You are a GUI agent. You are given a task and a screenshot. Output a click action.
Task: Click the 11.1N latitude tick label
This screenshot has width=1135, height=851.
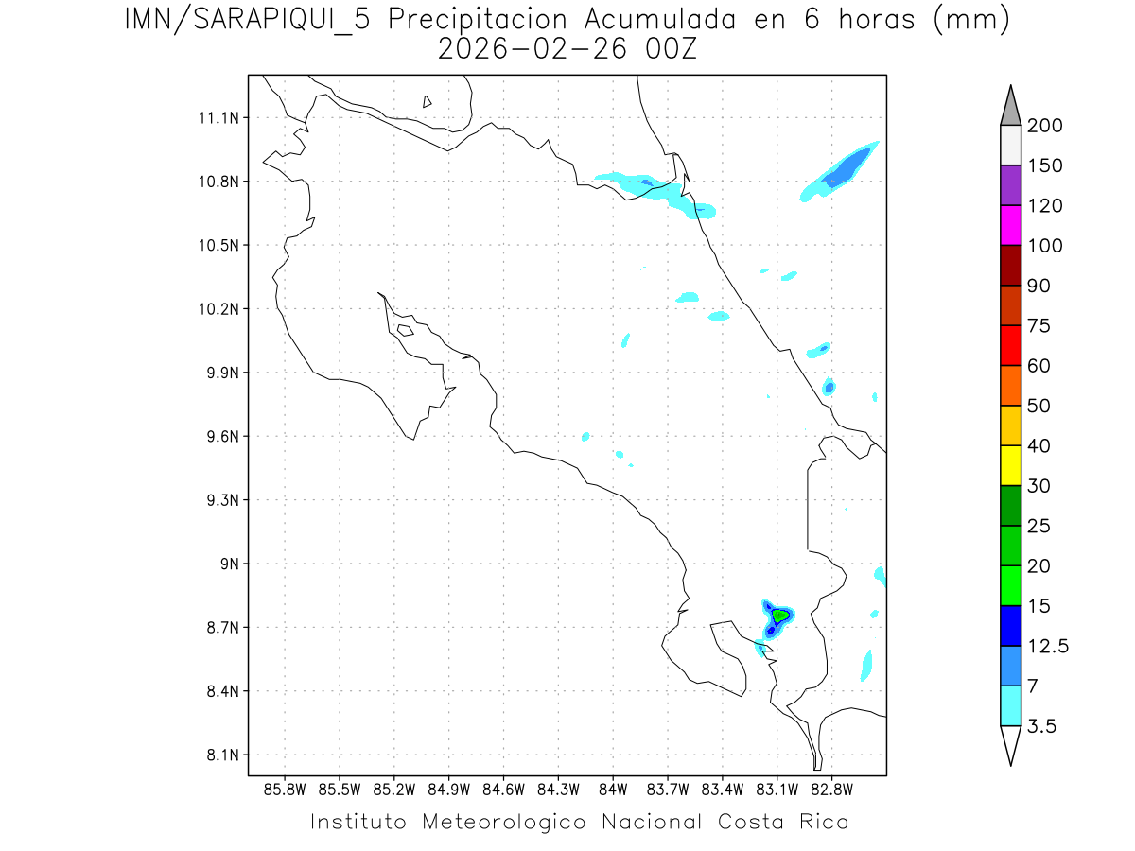(x=222, y=118)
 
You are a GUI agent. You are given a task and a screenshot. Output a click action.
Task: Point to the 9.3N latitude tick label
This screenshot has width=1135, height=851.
(x=226, y=500)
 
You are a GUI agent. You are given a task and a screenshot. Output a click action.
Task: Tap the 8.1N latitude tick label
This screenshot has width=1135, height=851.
(x=226, y=755)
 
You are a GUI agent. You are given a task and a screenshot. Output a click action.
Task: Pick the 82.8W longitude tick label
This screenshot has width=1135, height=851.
(x=831, y=788)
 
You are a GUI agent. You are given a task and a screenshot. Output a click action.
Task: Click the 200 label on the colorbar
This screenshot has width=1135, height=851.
(x=1044, y=126)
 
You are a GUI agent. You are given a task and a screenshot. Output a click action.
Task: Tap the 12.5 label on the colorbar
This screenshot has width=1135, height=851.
(x=1048, y=646)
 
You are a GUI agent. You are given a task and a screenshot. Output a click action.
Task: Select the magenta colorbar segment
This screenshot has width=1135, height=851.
(x=1010, y=226)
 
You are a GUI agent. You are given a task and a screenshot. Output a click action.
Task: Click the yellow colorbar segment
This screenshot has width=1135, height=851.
(x=1010, y=465)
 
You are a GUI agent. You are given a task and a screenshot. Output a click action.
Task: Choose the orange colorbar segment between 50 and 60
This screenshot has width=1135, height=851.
(x=1010, y=386)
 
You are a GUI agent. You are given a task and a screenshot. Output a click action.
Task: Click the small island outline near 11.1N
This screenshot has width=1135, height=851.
(x=428, y=101)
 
